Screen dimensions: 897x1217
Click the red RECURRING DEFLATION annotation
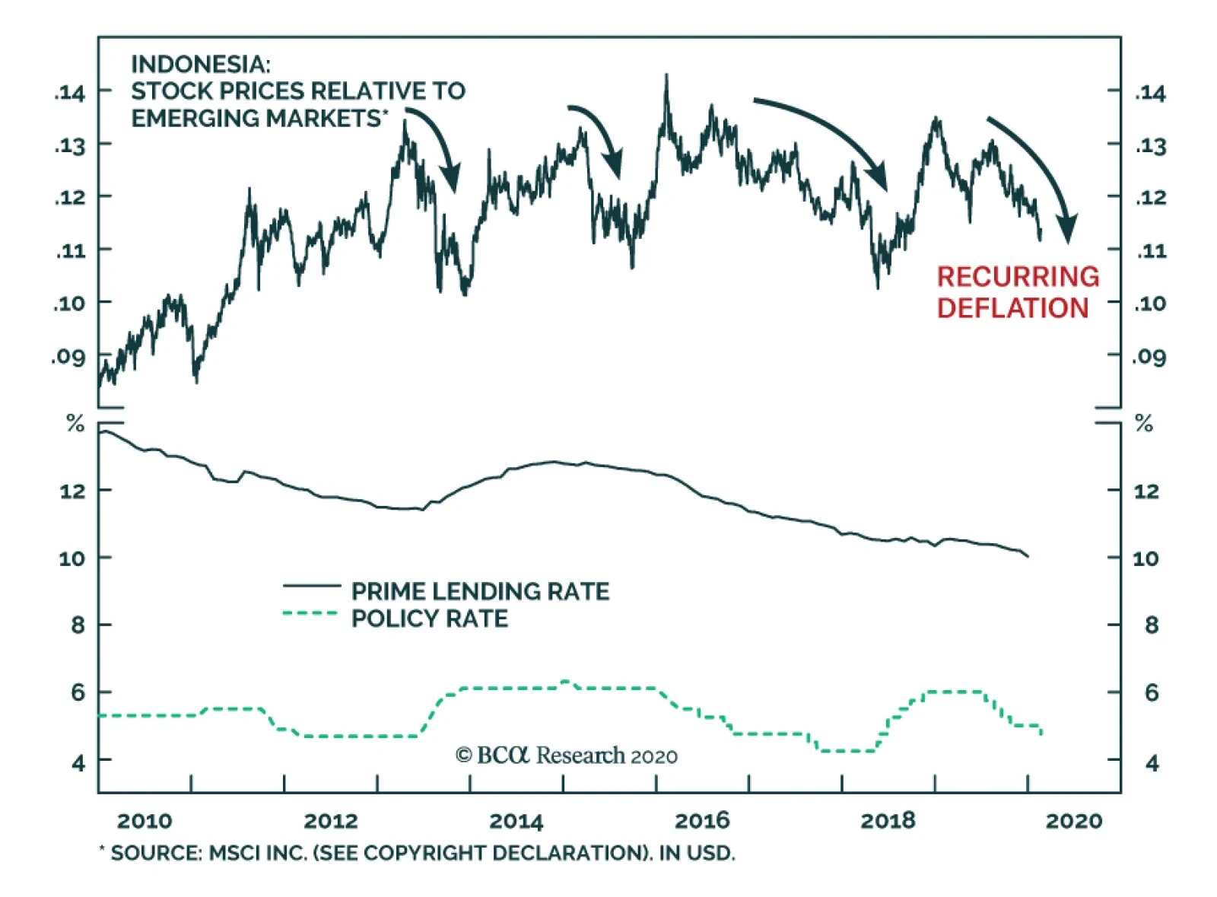coord(1017,292)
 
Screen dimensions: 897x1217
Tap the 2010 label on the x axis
coord(145,821)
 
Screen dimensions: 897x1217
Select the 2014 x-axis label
coord(516,821)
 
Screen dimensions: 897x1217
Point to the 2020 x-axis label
coord(1073,821)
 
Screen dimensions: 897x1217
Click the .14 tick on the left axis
coord(70,93)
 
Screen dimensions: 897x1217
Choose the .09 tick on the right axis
coord(1149,356)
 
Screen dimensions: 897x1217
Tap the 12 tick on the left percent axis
coord(73,491)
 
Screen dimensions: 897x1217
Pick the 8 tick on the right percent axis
coord(1151,625)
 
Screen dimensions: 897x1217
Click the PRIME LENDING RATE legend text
coord(480,591)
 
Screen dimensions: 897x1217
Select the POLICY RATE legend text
coord(429,619)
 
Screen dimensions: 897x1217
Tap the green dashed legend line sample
coord(310,613)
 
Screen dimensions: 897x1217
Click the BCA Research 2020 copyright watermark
coord(566,755)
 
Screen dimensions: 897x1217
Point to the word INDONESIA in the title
coord(200,64)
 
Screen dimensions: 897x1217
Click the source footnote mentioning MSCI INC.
coord(418,853)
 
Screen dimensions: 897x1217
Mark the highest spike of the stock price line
coord(666,76)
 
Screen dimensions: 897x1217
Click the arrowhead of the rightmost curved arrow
coord(1069,230)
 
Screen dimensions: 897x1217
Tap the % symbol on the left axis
coord(75,423)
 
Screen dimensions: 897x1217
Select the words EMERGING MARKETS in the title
coord(256,119)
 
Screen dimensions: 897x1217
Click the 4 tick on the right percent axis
coord(1152,762)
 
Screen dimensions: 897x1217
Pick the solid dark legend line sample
coord(311,586)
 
